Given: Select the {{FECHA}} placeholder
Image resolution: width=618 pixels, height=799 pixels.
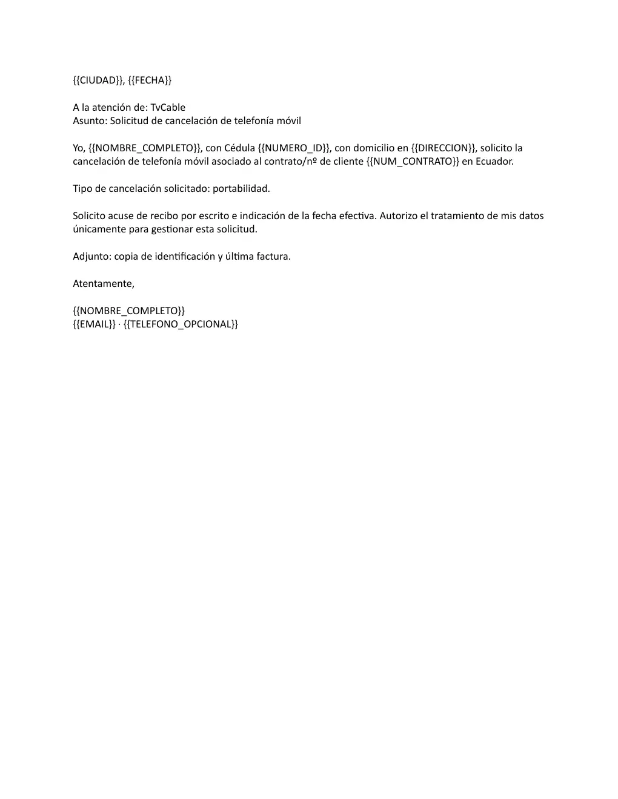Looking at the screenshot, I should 150,81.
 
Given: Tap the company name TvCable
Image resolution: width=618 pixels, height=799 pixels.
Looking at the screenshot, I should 168,108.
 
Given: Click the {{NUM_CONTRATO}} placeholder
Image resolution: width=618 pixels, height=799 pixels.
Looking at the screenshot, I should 413,162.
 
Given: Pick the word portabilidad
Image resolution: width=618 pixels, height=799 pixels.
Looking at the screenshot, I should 241,189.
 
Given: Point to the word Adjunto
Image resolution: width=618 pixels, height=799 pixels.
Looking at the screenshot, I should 91,257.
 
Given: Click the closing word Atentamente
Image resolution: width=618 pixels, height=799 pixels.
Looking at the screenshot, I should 103,284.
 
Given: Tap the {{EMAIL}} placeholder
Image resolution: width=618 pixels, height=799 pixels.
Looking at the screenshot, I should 94,324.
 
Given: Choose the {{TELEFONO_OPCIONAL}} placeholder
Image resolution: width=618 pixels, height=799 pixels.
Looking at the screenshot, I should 181,324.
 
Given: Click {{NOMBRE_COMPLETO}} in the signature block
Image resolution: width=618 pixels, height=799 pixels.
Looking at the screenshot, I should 128,311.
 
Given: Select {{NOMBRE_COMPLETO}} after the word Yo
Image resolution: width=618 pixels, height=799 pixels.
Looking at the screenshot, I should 144,148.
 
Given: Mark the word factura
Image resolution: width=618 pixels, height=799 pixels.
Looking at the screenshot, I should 273,257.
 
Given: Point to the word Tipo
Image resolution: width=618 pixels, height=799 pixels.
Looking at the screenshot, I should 82,189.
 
